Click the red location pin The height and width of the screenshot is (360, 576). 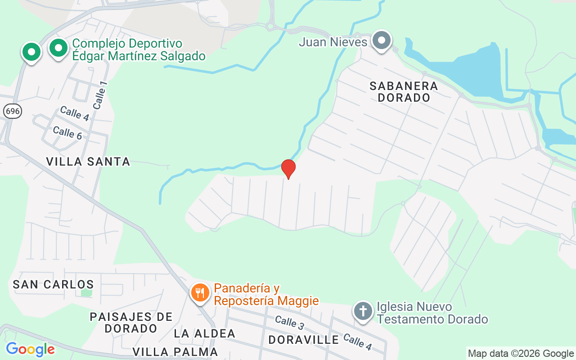[288, 169]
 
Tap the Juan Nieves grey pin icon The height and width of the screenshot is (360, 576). [382, 40]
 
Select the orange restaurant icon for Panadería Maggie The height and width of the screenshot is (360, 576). [200, 293]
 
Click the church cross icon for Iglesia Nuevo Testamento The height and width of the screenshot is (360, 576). [363, 311]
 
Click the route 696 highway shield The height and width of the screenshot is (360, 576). [12, 111]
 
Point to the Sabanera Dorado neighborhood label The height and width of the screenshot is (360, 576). [404, 91]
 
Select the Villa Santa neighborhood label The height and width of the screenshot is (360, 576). [88, 161]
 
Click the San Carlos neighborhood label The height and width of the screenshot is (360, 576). [53, 284]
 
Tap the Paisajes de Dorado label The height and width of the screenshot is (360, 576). [131, 323]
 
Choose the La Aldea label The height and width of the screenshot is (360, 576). [205, 333]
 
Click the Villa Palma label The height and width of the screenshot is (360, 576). [175, 351]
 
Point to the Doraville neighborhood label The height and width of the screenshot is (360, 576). [303, 340]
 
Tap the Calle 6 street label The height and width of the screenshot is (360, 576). [67, 133]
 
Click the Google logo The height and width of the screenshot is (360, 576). [30, 349]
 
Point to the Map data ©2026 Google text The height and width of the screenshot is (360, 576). [521, 354]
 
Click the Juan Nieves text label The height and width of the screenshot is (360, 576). [333, 42]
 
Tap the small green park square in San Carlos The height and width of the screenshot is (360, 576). [86, 292]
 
